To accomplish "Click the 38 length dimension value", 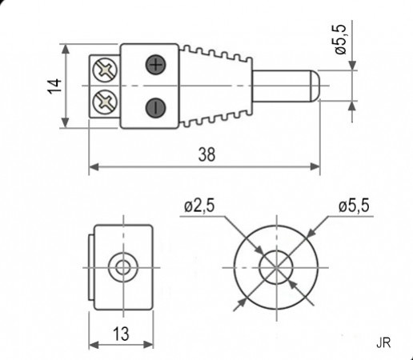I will click(205, 155).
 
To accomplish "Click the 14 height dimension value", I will click(54, 86).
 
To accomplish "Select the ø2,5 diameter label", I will click(198, 206).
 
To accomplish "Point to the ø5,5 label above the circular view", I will click(353, 206).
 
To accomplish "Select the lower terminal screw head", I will click(105, 102).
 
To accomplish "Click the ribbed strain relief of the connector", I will click(215, 86).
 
